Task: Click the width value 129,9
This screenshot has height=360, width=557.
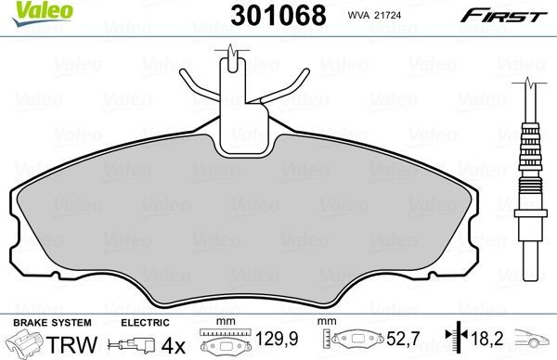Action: [x=266, y=344]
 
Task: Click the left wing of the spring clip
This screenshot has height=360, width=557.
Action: [x=198, y=88]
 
